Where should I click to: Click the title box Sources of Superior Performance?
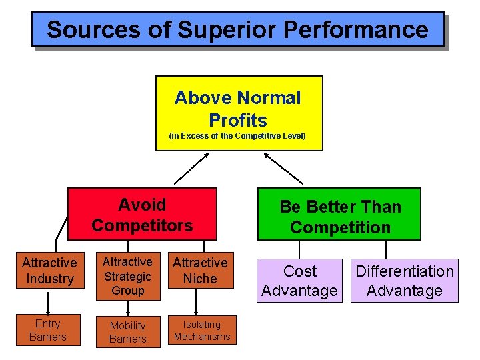point(237,29)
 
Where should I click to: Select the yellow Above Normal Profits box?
point(239,113)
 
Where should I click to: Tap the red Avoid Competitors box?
point(142,214)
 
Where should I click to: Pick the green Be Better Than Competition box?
point(339,215)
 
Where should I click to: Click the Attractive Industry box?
point(49,271)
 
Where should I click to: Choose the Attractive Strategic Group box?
point(127,276)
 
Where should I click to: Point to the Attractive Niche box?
point(200,271)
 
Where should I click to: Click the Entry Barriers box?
point(48,330)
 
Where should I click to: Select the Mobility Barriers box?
point(127,331)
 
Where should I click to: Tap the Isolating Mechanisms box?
point(202,330)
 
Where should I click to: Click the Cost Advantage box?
point(300,281)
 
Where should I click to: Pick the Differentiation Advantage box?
point(404,281)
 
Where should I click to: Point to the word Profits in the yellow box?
point(238,121)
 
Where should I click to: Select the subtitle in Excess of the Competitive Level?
point(237,136)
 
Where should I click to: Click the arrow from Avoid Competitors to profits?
point(189,168)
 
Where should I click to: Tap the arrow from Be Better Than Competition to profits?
point(283,168)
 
